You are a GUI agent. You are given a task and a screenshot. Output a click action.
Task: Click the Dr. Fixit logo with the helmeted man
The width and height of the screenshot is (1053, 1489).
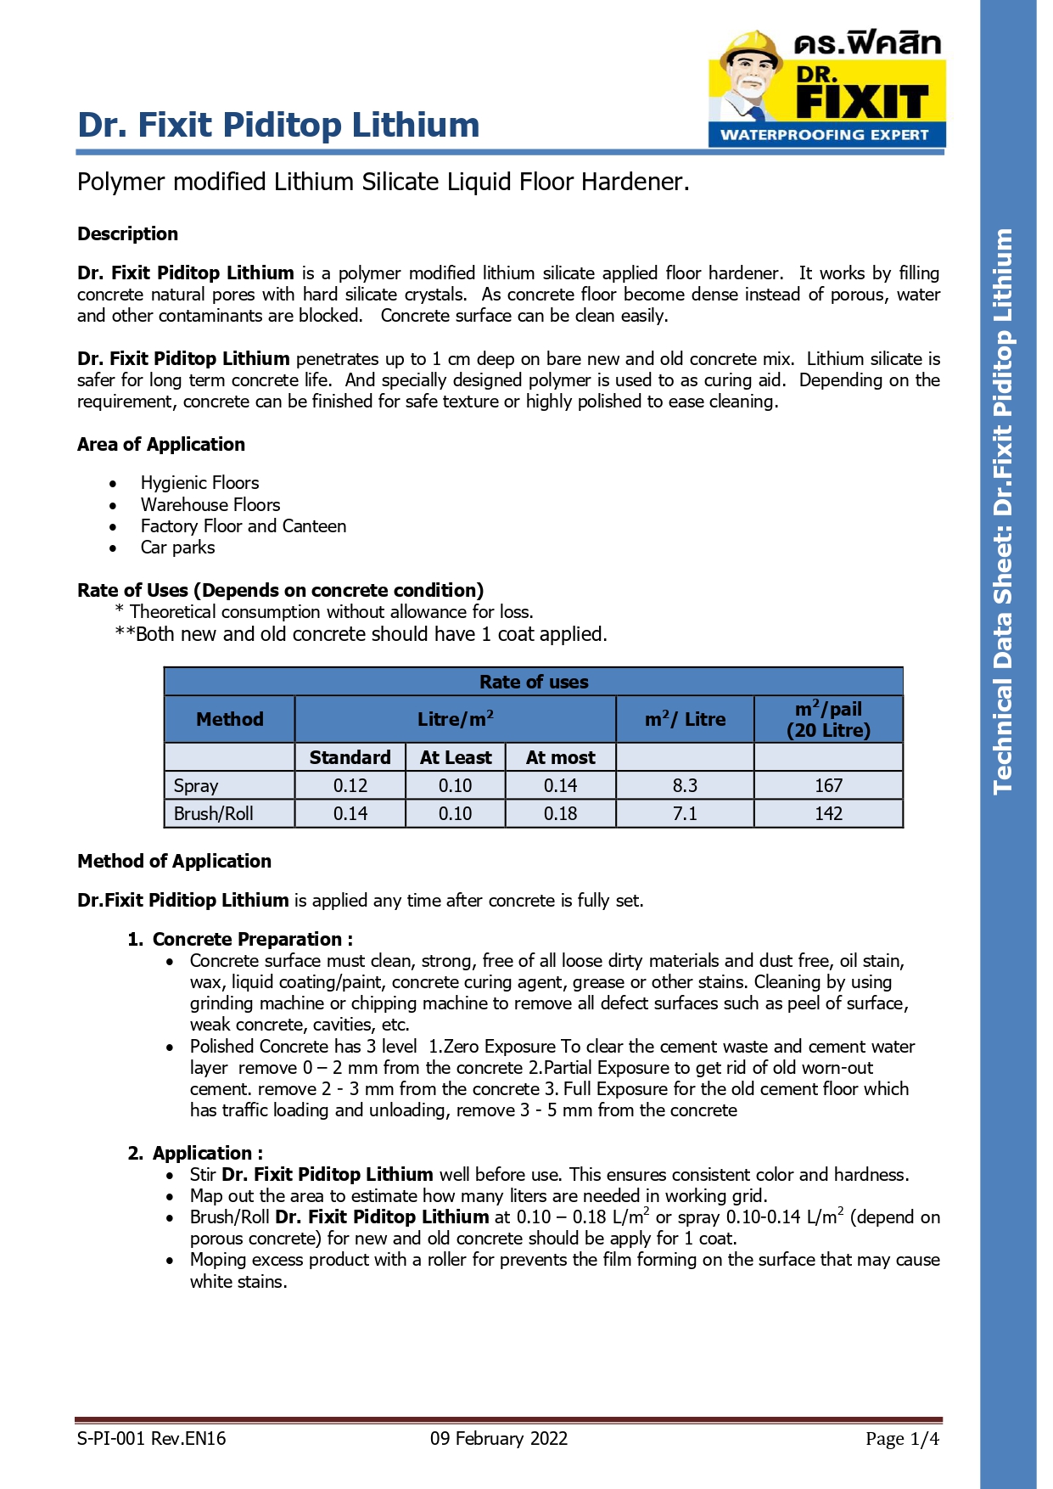[826, 88]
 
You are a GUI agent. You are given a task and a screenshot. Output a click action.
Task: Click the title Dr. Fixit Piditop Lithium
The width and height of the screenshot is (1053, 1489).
[278, 125]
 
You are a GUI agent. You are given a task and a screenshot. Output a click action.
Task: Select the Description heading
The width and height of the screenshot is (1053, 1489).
[127, 233]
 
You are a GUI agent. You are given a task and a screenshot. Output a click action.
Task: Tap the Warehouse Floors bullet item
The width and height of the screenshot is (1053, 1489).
[210, 504]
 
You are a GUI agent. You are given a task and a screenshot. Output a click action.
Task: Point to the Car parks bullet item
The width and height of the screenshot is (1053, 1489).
[177, 548]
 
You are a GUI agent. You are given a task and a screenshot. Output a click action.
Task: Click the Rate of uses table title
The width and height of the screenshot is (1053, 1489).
[533, 682]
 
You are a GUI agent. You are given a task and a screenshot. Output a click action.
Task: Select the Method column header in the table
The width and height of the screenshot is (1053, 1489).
[229, 719]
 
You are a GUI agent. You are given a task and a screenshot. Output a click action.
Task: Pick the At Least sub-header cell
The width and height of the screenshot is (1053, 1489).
[456, 757]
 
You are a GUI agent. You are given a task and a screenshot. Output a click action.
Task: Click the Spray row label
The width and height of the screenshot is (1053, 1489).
[196, 785]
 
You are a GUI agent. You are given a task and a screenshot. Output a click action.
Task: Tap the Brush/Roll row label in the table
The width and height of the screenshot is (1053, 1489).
[213, 813]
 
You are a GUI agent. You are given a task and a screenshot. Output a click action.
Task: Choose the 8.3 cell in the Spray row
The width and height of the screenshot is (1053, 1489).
[685, 785]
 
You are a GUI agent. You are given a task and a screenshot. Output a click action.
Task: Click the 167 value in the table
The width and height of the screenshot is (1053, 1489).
[828, 785]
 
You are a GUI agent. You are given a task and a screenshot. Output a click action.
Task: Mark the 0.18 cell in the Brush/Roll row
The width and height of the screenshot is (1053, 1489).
[560, 813]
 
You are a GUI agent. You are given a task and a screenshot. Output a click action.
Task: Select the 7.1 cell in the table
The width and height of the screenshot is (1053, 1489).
[685, 813]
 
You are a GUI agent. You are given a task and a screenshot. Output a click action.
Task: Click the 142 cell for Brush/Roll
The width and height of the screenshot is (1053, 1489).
[828, 813]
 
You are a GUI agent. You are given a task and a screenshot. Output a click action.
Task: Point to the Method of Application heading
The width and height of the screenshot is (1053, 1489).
[174, 861]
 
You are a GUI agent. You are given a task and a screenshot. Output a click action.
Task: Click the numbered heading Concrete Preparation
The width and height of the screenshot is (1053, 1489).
[251, 939]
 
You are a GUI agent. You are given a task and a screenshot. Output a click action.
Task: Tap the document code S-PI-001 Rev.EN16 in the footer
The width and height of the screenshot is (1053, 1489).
[151, 1438]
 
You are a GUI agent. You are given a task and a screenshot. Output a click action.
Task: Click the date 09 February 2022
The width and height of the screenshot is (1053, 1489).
[498, 1438]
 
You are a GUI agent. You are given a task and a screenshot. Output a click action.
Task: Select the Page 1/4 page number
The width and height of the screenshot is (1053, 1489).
[902, 1438]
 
